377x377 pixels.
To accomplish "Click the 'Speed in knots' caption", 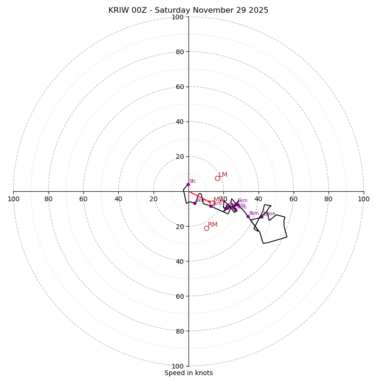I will click(188, 373).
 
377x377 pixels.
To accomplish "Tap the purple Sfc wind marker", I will click(188, 184).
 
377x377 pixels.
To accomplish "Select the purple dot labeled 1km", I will click(195, 203).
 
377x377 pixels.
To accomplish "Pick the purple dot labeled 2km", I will click(211, 206).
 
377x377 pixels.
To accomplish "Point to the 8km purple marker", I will click(248, 217).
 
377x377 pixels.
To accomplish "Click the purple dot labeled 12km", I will click(262, 217).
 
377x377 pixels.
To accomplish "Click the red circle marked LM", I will click(217, 178).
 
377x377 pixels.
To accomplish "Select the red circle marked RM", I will click(206, 228).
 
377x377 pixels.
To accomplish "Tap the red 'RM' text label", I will click(213, 225).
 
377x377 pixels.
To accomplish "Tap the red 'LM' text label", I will click(223, 175).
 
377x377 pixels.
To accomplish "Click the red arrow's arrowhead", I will click(209, 202).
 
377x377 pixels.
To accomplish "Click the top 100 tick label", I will click(178, 17).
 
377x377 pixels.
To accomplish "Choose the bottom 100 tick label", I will click(178, 366).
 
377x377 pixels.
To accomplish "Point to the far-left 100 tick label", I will click(14, 199).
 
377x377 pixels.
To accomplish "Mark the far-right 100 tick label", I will click(363, 199).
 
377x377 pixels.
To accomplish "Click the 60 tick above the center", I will click(180, 87).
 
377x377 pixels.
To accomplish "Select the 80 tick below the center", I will click(180, 331).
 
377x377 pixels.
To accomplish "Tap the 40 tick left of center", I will click(118, 199).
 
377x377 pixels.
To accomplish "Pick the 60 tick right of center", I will click(294, 199).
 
